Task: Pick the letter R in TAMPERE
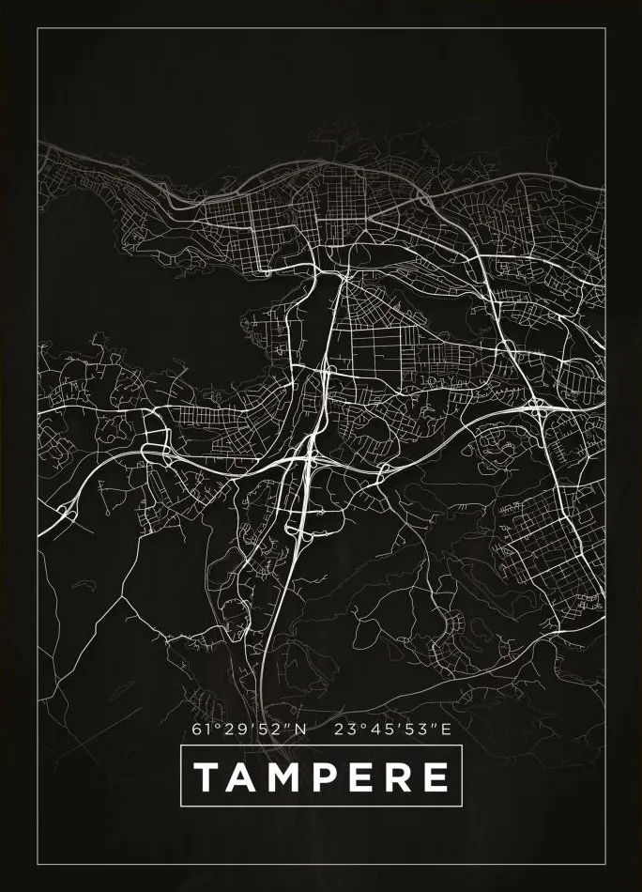click(x=394, y=777)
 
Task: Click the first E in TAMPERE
click(x=356, y=777)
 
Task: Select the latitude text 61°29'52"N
click(x=249, y=728)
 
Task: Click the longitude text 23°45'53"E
click(x=392, y=728)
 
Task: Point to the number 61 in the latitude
click(x=199, y=728)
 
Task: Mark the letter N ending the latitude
click(x=300, y=728)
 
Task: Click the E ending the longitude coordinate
click(x=446, y=728)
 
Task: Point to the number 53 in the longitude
click(x=411, y=728)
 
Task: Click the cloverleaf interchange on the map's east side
click(x=537, y=407)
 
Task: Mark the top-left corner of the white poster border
click(x=38, y=29)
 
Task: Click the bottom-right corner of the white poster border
click(x=605, y=863)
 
